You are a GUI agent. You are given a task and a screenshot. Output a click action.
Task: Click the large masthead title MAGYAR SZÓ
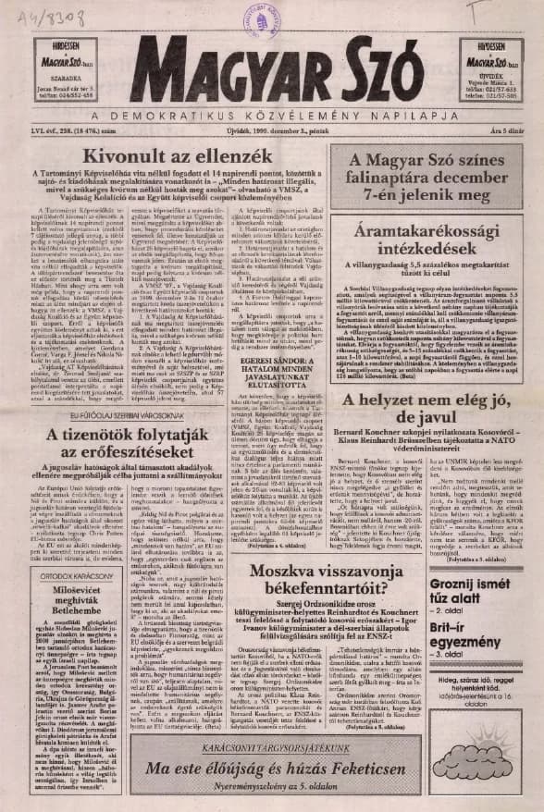coord(271,71)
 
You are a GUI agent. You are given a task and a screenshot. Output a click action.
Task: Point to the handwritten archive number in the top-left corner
coord(38,16)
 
